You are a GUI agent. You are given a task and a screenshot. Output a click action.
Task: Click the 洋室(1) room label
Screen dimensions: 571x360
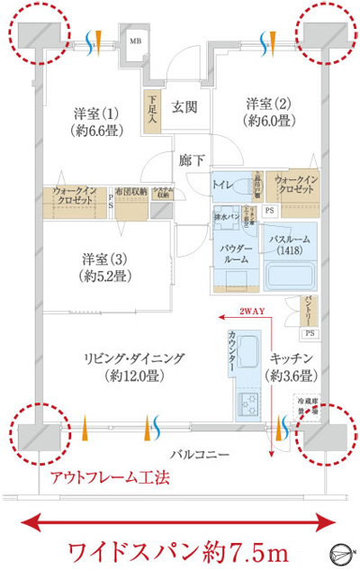point(97,122)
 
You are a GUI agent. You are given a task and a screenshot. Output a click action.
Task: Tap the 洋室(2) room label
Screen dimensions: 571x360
point(270,111)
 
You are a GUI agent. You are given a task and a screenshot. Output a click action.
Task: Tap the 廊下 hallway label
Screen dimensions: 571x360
point(191,160)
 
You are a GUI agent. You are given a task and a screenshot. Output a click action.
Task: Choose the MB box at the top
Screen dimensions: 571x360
point(135,41)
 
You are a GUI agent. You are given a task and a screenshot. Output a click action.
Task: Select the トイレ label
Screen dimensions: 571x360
point(223,185)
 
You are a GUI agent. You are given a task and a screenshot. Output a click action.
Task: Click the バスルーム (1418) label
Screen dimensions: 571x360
point(291,245)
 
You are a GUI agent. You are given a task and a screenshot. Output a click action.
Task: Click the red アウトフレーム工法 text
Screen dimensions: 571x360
point(110,478)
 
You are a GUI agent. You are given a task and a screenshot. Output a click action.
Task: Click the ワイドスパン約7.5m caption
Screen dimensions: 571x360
point(178,549)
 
